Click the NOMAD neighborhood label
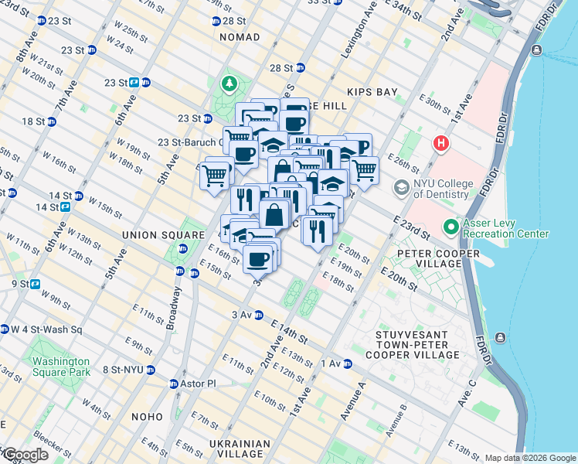240,37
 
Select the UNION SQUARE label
151,233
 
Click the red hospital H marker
440,143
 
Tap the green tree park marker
229,83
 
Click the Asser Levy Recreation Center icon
451,227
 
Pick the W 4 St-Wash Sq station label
46,329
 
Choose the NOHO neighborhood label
147,417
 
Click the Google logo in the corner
25,455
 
